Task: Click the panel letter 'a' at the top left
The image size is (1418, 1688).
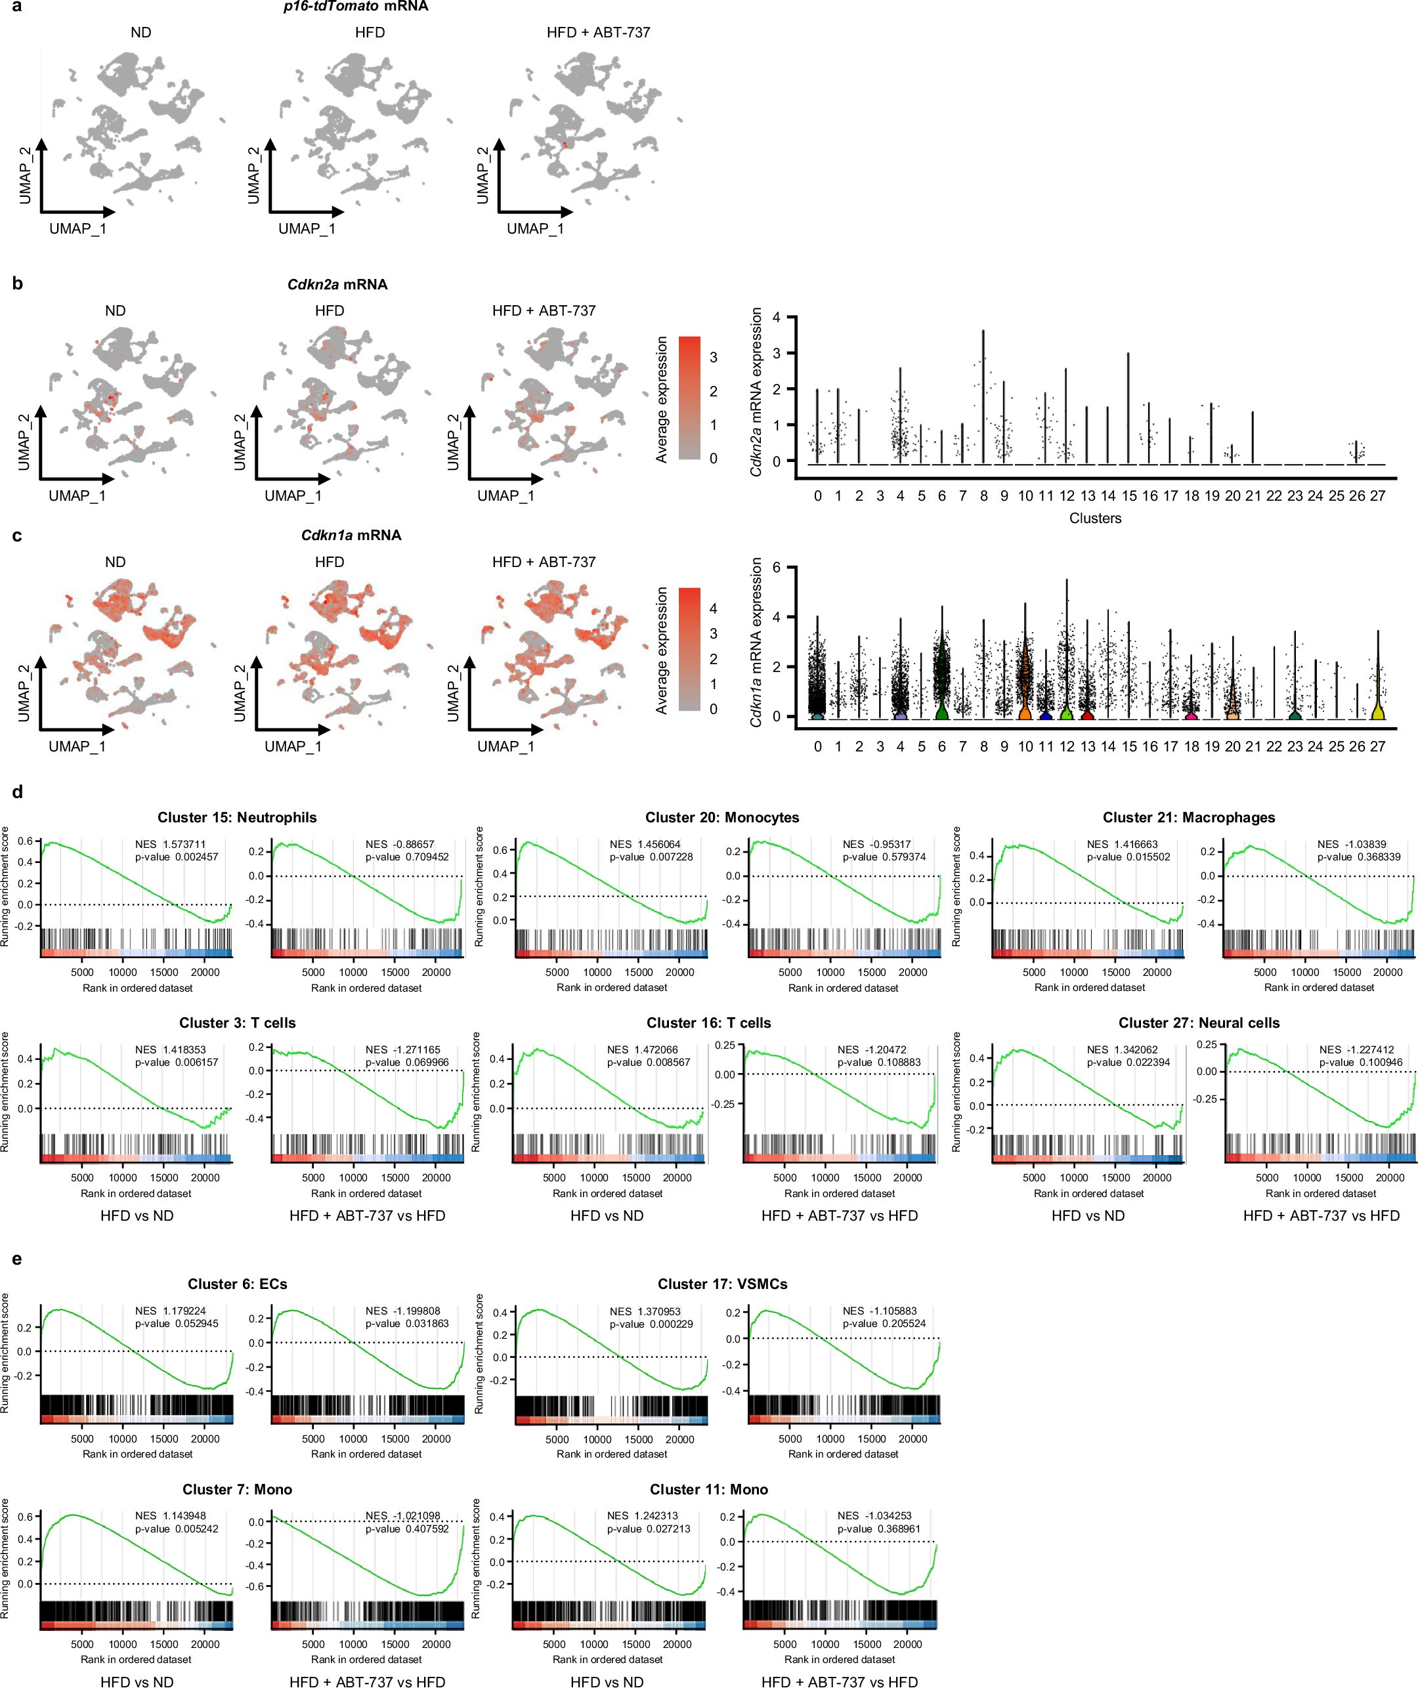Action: [16, 7]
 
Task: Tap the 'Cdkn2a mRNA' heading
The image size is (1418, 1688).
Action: [337, 285]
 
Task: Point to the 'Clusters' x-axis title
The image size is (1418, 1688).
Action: [1095, 518]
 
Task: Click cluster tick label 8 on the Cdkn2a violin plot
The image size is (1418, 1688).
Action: [983, 496]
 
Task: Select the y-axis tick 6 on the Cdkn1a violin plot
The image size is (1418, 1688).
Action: [777, 568]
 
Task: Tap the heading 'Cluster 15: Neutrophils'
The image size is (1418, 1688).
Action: [237, 818]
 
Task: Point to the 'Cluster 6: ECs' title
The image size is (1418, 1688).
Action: [237, 1284]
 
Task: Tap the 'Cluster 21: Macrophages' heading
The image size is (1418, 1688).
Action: [1189, 818]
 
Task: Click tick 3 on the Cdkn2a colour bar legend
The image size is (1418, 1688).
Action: [713, 358]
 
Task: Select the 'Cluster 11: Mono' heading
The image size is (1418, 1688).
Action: [709, 1489]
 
